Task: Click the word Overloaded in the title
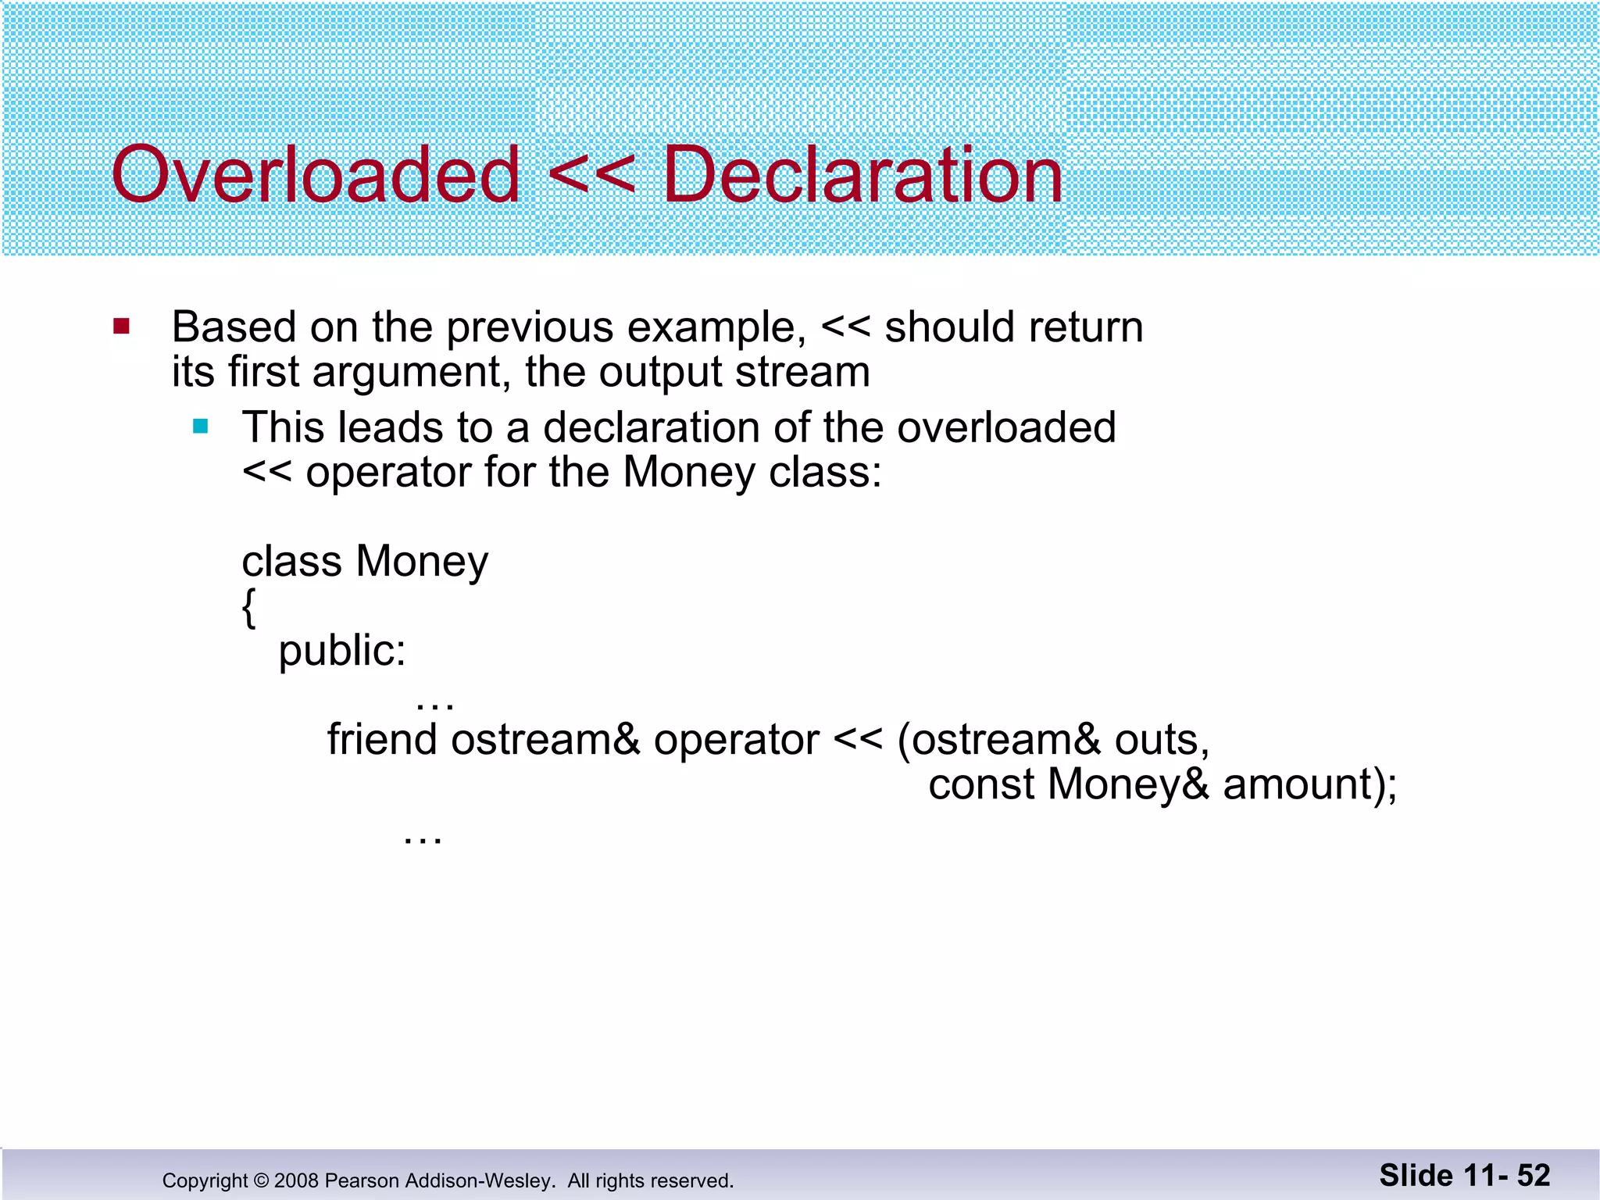coord(316,175)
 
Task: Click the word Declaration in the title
coord(862,175)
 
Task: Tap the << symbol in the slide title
coord(591,175)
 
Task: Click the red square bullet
coord(121,326)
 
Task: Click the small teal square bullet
coord(201,427)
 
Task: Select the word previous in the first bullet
coord(529,327)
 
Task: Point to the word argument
coord(412,373)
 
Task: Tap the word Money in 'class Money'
coord(422,562)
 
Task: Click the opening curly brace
coord(248,608)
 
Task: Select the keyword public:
coord(342,651)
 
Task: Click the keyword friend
coord(381,739)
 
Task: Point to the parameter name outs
coord(1161,740)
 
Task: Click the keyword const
coord(980,784)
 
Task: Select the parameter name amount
coord(1298,784)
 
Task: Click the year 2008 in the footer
coord(296,1180)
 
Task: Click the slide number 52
coord(1533,1176)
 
